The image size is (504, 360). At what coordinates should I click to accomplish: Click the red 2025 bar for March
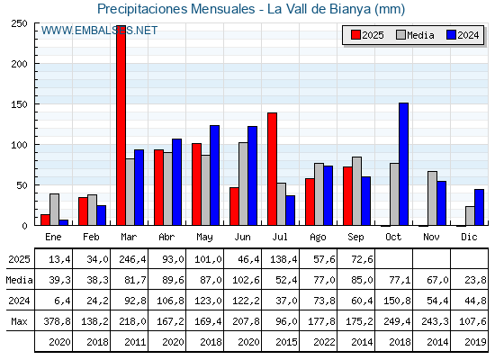[121, 125]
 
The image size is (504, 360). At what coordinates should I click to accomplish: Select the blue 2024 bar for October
[404, 164]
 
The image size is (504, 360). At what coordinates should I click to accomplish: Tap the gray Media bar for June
[243, 184]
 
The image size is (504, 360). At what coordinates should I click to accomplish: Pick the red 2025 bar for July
[272, 169]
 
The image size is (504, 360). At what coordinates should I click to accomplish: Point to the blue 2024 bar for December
[479, 207]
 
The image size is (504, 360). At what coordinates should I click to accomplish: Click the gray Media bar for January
[54, 210]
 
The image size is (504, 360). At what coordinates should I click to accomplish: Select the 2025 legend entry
[367, 35]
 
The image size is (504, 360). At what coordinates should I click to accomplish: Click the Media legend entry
[415, 35]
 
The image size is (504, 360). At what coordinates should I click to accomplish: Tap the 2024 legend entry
[463, 35]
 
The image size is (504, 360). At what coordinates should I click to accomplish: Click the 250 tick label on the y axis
[19, 23]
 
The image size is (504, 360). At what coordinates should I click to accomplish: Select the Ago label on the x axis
[318, 238]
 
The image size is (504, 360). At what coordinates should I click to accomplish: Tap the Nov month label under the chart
[431, 237]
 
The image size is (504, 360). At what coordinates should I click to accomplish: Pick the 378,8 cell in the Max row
[57, 321]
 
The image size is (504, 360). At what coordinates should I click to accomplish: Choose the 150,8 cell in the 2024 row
[397, 301]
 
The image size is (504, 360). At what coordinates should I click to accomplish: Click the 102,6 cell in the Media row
[246, 280]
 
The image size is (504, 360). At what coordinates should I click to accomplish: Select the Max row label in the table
[19, 321]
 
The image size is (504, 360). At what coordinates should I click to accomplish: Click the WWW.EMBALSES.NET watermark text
[99, 31]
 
